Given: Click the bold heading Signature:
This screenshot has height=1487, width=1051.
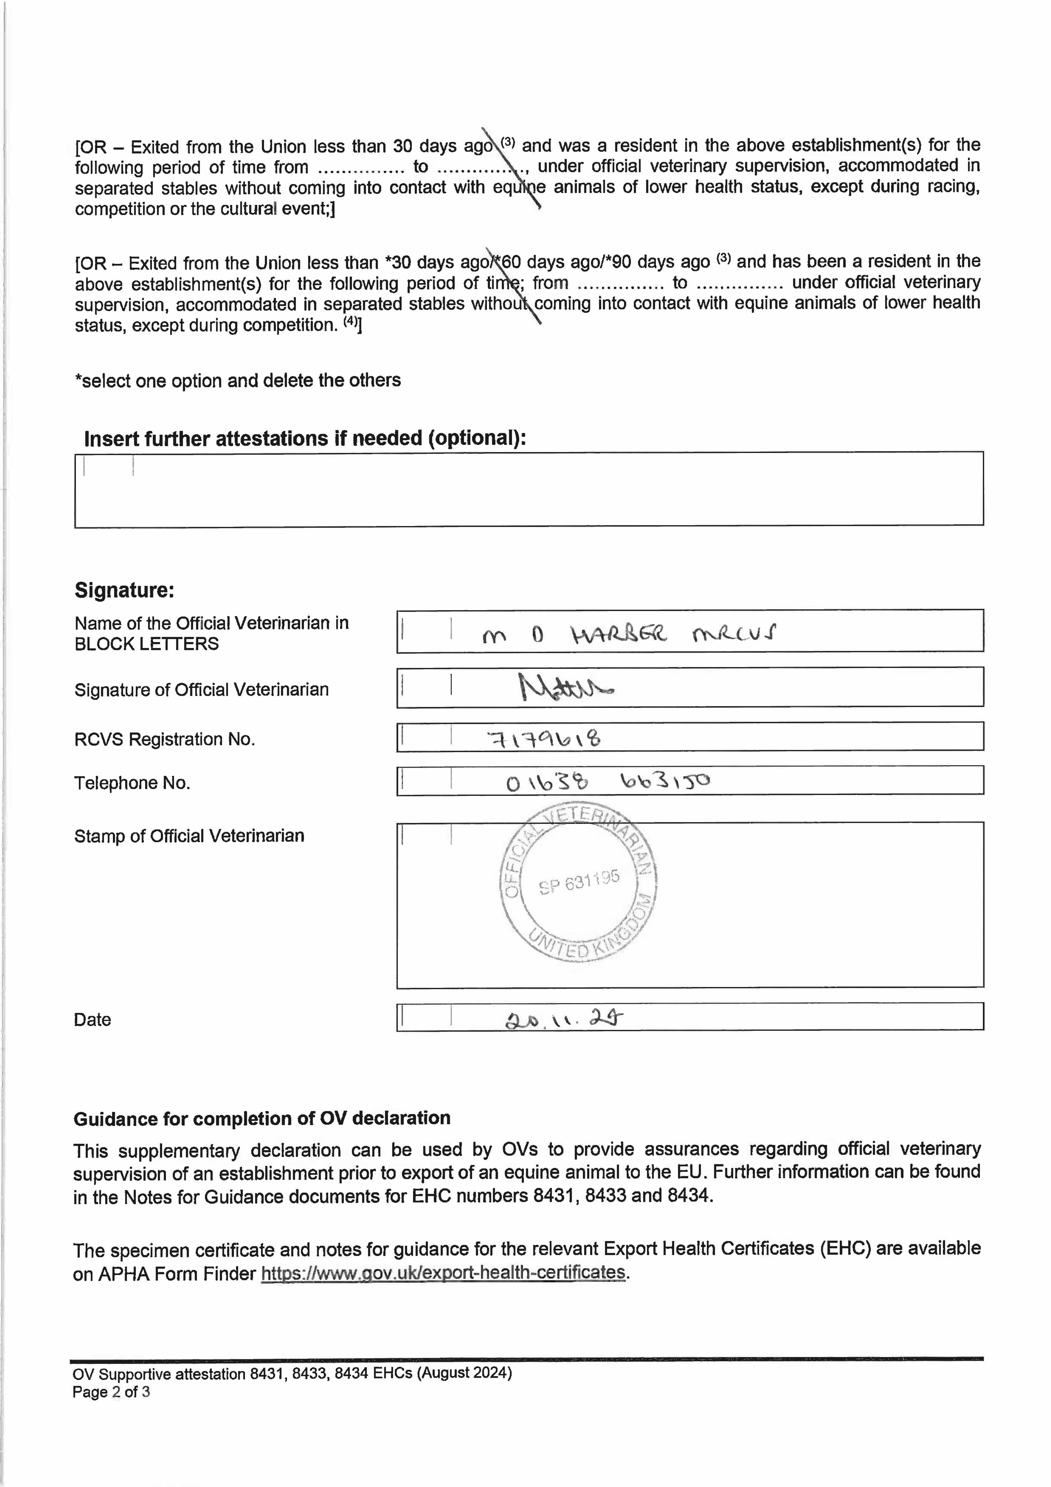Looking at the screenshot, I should (x=124, y=590).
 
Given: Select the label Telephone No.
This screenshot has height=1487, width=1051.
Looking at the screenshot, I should (x=132, y=783).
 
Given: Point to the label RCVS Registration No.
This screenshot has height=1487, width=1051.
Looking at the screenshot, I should (x=164, y=739).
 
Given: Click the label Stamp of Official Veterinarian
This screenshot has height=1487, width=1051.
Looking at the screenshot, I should (x=189, y=836).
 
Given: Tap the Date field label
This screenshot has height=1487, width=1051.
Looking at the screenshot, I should (x=92, y=1020).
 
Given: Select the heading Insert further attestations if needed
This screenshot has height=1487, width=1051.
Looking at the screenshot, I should (x=304, y=438).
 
